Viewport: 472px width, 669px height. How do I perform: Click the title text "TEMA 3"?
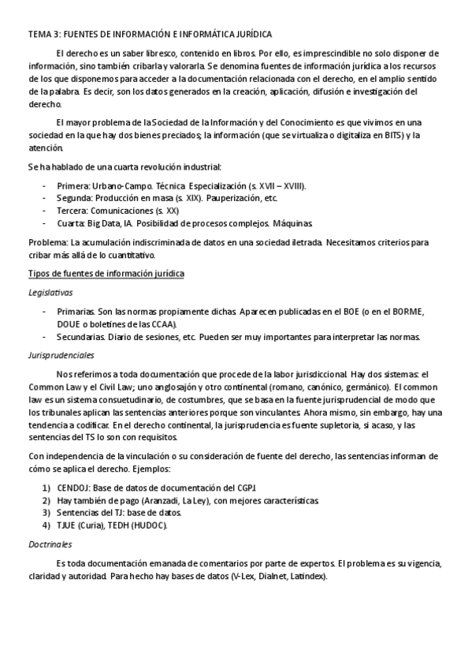(43, 35)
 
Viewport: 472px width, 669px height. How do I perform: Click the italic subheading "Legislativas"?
(50, 292)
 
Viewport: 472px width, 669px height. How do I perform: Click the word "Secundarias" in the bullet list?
(84, 337)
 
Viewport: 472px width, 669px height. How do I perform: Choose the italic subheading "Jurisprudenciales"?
(61, 355)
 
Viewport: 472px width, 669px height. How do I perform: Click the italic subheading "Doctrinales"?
(50, 544)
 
